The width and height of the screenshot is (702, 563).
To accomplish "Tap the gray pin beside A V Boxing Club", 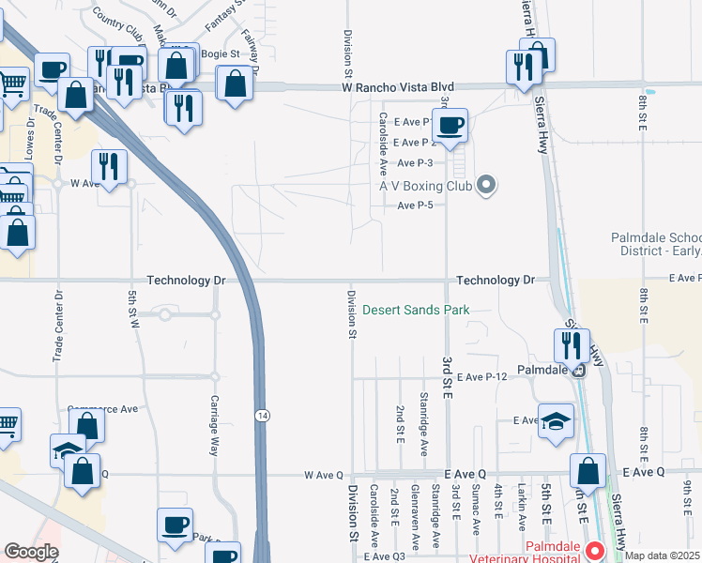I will point(486,185).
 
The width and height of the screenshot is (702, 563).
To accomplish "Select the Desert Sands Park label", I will point(416,310).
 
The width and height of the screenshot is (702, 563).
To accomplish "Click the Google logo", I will point(31,552).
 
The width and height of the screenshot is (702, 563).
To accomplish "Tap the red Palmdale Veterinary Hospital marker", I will point(592,548).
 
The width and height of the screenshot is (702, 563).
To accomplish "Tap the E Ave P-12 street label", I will point(483,375).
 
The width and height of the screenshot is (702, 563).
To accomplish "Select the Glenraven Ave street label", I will point(414,518).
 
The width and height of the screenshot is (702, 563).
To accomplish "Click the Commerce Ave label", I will point(102,409).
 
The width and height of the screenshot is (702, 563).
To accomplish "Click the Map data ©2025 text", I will point(663,555).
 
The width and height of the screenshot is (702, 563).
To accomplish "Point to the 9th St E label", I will point(688,496).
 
